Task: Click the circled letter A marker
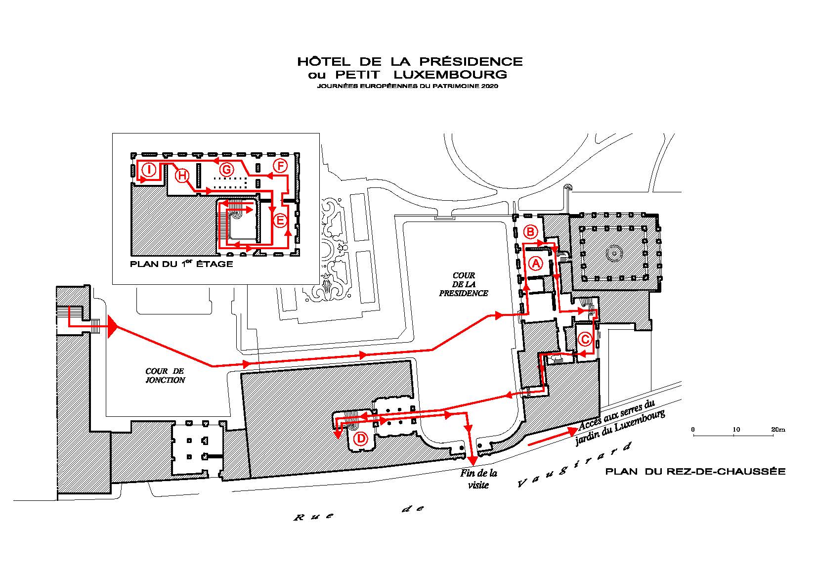pyautogui.click(x=536, y=263)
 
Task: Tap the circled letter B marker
pyautogui.click(x=531, y=232)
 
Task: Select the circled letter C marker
pyautogui.click(x=585, y=339)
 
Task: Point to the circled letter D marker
pyautogui.click(x=361, y=439)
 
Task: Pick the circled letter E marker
pyautogui.click(x=280, y=221)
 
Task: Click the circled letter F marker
pyautogui.click(x=280, y=167)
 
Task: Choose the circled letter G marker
pyautogui.click(x=227, y=170)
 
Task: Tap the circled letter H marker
pyautogui.click(x=182, y=176)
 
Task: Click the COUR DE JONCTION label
pyautogui.click(x=165, y=376)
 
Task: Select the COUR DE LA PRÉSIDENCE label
pyautogui.click(x=464, y=284)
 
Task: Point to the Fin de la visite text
pyautogui.click(x=478, y=479)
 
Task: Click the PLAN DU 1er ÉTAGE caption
pyautogui.click(x=181, y=264)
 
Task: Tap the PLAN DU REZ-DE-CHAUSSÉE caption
pyautogui.click(x=695, y=472)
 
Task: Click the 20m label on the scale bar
pyautogui.click(x=778, y=430)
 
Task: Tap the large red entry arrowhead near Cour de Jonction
pyautogui.click(x=112, y=327)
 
